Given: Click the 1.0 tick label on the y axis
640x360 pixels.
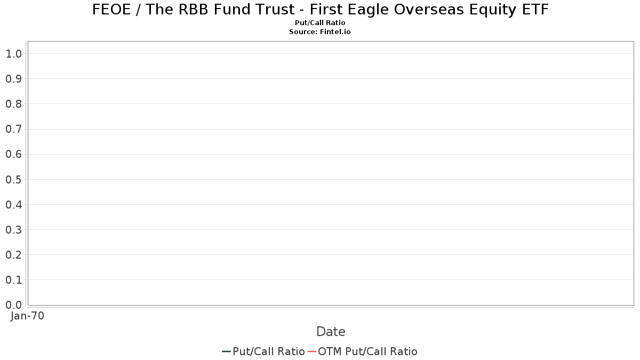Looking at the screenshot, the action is point(14,54).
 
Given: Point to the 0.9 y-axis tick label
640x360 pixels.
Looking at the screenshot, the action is point(14,79).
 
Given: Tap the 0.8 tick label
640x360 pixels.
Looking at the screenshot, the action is point(14,104).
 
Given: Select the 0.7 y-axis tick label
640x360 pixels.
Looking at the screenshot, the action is point(14,129).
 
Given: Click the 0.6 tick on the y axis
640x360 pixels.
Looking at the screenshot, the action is point(14,154).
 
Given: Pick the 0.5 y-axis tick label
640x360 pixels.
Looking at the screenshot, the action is point(14,179).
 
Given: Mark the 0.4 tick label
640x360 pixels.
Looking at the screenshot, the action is point(14,205).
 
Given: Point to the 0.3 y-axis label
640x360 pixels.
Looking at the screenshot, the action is point(14,230).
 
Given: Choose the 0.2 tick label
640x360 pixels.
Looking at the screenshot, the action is point(14,255).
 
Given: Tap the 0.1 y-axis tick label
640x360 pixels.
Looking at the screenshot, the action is point(14,280).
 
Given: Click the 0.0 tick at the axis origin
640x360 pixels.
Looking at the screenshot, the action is point(14,305).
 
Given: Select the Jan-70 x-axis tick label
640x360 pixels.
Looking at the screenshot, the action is point(27,316).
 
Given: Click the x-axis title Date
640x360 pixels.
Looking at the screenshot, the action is point(331,332).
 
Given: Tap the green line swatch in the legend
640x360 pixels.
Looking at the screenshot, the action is point(226,351).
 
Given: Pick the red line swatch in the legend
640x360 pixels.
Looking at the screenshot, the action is point(311,351).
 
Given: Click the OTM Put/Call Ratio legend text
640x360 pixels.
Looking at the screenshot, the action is point(367,351).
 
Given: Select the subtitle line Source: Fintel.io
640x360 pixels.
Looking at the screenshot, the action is point(319,31).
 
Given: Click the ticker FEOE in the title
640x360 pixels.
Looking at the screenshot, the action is point(111,10).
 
